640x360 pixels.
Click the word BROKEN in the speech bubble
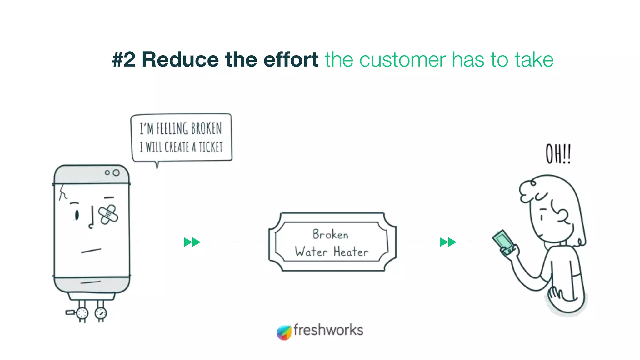(206, 128)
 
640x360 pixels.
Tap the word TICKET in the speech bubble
(211, 147)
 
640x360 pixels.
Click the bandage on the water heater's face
(108, 214)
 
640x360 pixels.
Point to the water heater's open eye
(77, 215)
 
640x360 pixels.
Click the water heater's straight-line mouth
(91, 250)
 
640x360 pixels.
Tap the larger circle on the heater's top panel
(116, 172)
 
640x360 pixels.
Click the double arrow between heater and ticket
(192, 242)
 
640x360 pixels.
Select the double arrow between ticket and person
(448, 242)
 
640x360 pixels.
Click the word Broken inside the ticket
(330, 234)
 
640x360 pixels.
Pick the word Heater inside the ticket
(351, 252)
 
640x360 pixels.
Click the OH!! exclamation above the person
(558, 154)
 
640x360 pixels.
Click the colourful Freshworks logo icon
(284, 332)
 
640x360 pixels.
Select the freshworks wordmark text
(328, 330)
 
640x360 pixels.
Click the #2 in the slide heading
(124, 59)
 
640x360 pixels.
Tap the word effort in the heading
(291, 59)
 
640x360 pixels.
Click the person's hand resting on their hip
(555, 294)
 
